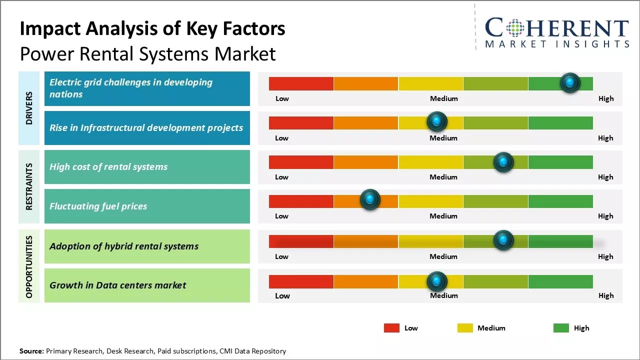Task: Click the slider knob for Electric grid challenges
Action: tap(570, 83)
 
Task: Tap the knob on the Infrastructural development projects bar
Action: tap(437, 121)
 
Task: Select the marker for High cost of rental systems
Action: tap(503, 162)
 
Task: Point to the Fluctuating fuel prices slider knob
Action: tap(370, 199)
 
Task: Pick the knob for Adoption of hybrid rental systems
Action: tap(503, 240)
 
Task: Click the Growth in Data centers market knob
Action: tap(437, 282)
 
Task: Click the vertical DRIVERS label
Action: tap(29, 108)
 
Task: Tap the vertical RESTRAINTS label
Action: tap(29, 186)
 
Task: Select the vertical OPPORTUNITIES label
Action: tap(29, 266)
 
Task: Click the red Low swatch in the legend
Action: tap(391, 328)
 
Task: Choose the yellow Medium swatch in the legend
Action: tap(465, 328)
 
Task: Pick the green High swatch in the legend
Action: tap(561, 328)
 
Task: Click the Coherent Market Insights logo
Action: tap(557, 32)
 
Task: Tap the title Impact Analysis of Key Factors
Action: tap(152, 29)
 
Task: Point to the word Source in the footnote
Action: tap(31, 351)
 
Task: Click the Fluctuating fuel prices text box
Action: tap(147, 206)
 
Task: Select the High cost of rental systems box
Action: tap(147, 167)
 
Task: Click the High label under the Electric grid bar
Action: tap(606, 98)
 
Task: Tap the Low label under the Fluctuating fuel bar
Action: tap(281, 216)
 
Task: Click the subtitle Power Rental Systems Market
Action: tap(148, 53)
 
